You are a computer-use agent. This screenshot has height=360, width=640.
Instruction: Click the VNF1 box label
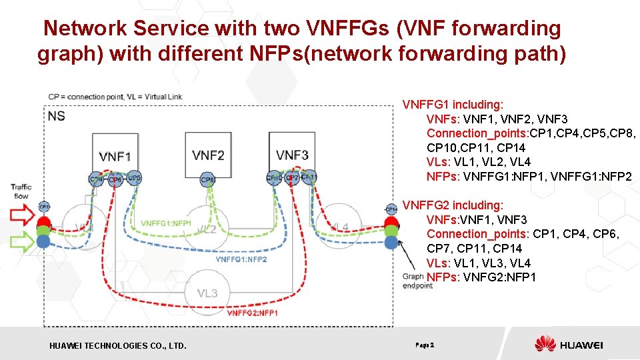(x=115, y=157)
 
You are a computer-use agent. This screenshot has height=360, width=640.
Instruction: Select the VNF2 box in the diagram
(x=208, y=155)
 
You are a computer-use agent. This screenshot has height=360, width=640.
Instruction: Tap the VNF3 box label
(x=292, y=155)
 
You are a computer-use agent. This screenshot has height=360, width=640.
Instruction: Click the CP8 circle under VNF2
(x=208, y=179)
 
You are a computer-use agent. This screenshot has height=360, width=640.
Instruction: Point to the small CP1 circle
(x=44, y=207)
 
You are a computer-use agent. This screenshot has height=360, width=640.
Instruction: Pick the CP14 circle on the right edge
(x=391, y=209)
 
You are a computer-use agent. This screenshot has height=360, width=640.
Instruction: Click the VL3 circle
(x=207, y=293)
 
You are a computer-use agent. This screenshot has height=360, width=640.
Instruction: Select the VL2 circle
(x=207, y=229)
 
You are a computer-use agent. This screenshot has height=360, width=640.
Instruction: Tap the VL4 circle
(x=339, y=227)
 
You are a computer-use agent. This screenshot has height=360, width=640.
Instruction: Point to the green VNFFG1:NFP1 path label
(x=167, y=223)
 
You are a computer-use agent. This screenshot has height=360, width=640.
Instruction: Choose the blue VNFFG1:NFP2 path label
(x=241, y=259)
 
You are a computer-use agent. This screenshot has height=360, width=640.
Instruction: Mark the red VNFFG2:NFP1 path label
(x=253, y=313)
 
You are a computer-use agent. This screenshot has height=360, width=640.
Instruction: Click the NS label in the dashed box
(x=57, y=116)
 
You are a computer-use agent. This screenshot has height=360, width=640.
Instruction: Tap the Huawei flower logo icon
(x=545, y=345)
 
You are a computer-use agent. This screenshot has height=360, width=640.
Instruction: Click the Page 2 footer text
(x=425, y=345)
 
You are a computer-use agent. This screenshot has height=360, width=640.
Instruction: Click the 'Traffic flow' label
(x=21, y=191)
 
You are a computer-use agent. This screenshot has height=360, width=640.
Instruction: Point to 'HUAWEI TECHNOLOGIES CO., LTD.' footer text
(x=118, y=345)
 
